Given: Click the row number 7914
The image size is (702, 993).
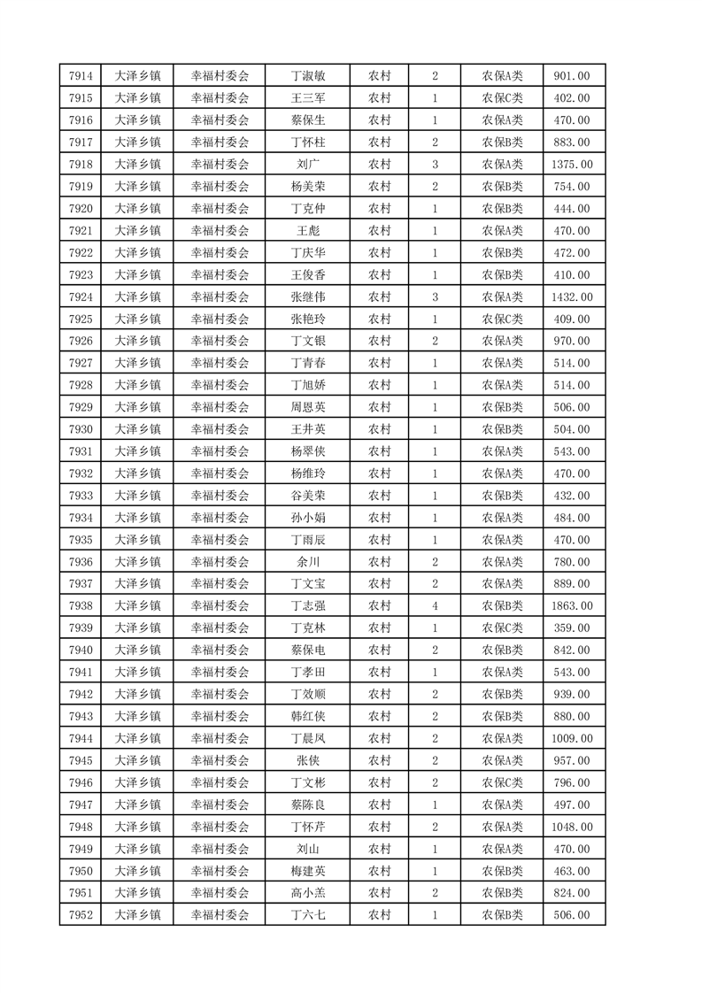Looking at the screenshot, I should click(x=81, y=76).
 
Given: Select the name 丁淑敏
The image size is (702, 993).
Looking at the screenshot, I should click(x=308, y=76).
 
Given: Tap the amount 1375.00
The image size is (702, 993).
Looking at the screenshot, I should click(x=572, y=165).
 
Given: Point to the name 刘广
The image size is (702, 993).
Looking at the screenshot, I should click(x=308, y=165).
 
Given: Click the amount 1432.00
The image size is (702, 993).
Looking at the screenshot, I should click(x=572, y=296).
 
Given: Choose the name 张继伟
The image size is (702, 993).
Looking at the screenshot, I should click(x=308, y=296).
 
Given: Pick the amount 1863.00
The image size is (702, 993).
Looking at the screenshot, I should click(x=572, y=606).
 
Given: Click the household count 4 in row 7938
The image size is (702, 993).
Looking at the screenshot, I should click(x=435, y=606).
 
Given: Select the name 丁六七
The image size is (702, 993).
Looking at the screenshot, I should click(x=308, y=915).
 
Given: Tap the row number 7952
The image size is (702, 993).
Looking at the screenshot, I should click(x=81, y=915).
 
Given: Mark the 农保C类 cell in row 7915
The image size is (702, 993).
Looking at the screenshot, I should click(x=502, y=98).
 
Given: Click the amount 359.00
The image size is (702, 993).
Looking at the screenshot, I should click(x=572, y=628).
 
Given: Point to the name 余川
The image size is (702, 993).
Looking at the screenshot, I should click(x=308, y=562).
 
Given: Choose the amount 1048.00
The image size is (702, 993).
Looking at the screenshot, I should click(x=572, y=827).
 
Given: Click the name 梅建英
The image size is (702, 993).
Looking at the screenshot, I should click(x=308, y=871).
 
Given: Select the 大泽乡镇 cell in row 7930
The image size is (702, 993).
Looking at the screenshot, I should click(x=138, y=429).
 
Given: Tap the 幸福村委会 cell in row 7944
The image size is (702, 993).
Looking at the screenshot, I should click(x=220, y=738).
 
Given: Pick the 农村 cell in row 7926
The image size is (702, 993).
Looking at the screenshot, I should click(x=380, y=341).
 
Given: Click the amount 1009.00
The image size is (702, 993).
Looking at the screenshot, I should click(x=572, y=738).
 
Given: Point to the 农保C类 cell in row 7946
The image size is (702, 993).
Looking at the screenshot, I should click(x=502, y=782).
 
